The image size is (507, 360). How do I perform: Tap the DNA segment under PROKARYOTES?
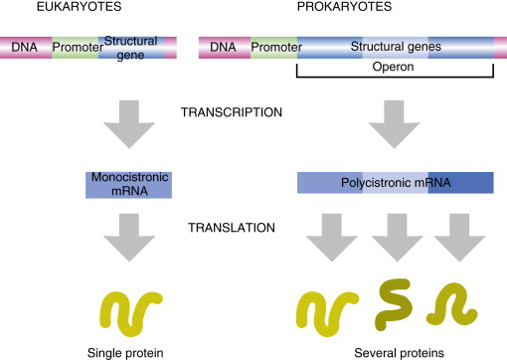[225, 47]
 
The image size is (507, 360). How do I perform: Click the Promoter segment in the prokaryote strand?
[272, 47]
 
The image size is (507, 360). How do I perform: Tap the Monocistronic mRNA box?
[128, 183]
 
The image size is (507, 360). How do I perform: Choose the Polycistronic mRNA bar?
[395, 183]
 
